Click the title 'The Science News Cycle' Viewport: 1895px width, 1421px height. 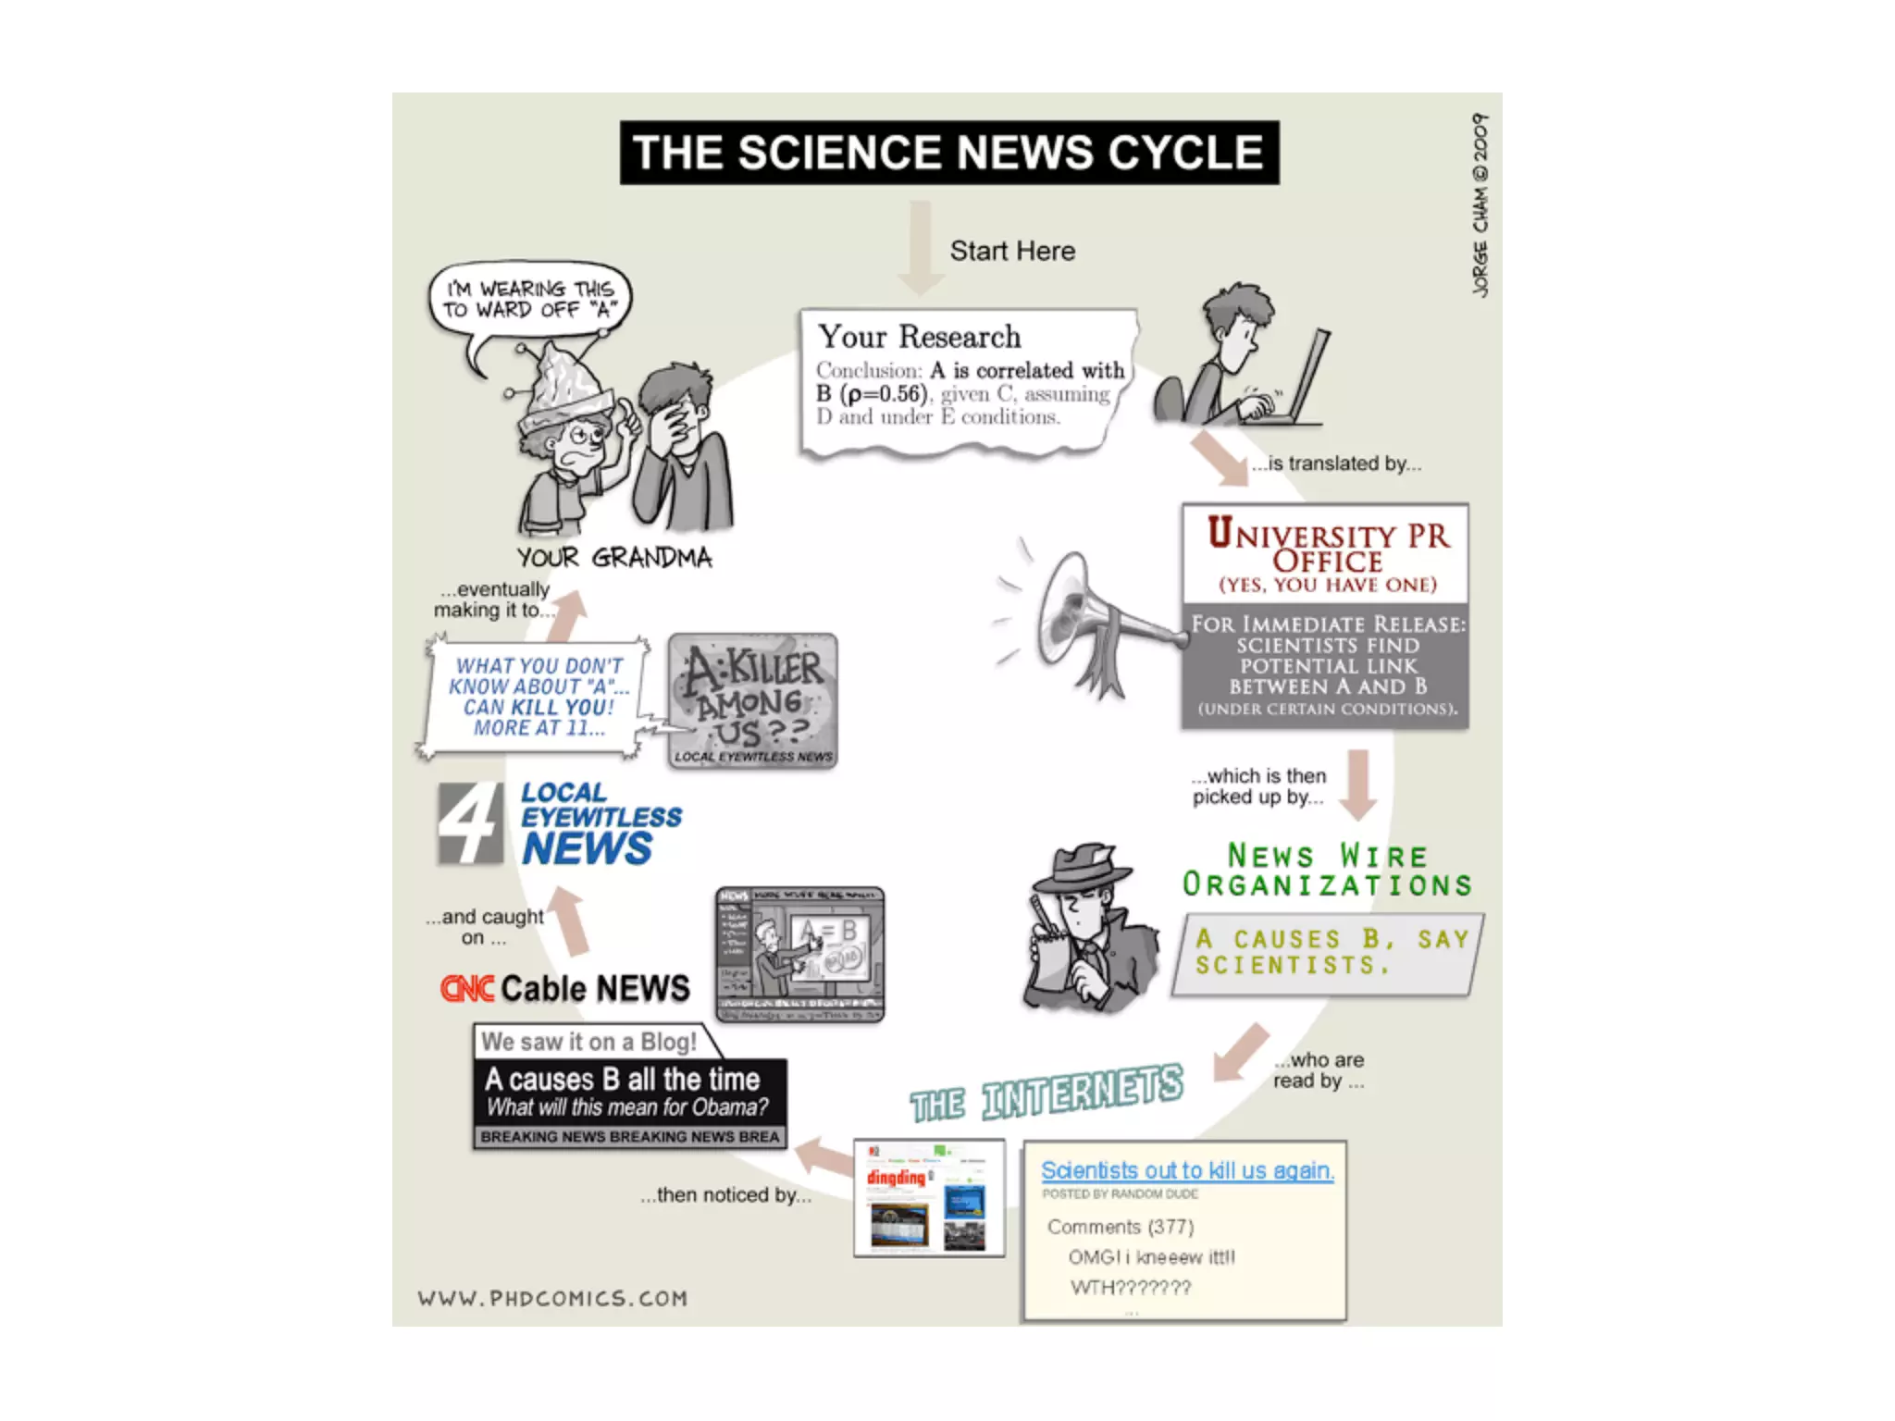click(x=949, y=153)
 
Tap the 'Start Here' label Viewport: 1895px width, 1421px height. click(x=1012, y=251)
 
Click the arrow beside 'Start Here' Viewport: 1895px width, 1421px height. click(x=920, y=246)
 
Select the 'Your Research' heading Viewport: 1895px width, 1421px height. click(x=920, y=337)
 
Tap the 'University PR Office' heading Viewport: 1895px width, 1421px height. click(x=1328, y=547)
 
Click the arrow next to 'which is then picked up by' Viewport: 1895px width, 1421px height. click(x=1358, y=785)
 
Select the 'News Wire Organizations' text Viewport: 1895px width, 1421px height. click(x=1327, y=870)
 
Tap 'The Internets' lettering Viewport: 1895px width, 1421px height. click(x=1047, y=1094)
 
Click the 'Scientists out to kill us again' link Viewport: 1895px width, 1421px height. click(x=1187, y=1170)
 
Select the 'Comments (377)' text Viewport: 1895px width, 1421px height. click(x=1121, y=1227)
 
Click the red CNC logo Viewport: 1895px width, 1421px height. click(x=467, y=989)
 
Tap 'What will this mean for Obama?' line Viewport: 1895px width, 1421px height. click(x=627, y=1107)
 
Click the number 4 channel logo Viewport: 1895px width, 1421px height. click(x=470, y=823)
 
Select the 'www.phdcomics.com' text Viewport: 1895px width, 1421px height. click(x=552, y=1298)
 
